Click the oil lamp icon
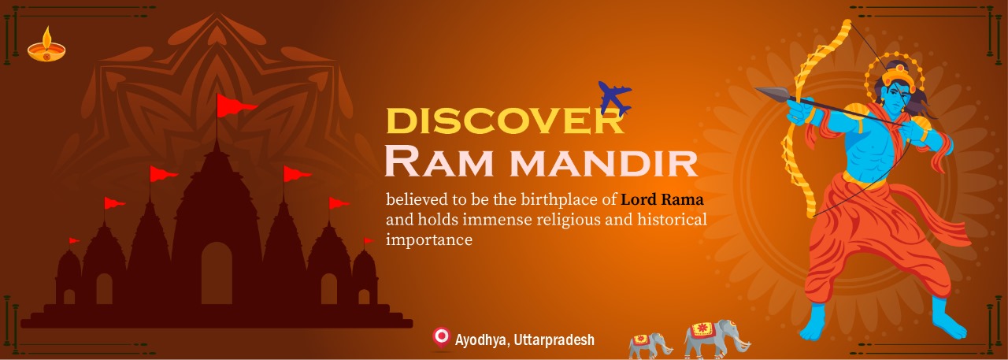[46, 46]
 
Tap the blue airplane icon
[615, 98]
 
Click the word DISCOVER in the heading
[505, 121]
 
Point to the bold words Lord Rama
[662, 199]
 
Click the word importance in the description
[429, 239]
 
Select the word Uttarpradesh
[554, 340]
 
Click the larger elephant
[717, 339]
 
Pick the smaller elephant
[650, 346]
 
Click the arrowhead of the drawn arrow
[771, 93]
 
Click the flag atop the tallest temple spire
[235, 105]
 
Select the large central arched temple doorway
[217, 273]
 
